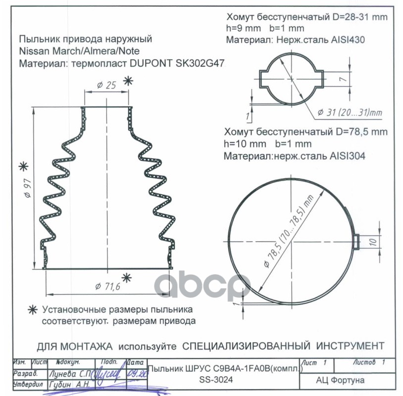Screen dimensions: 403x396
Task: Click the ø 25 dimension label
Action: click(x=106, y=85)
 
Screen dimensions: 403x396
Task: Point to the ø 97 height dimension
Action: click(x=28, y=189)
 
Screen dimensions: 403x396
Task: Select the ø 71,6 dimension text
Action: click(x=107, y=286)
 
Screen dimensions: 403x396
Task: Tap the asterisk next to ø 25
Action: click(x=128, y=81)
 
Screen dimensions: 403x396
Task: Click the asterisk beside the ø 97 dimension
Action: click(x=24, y=167)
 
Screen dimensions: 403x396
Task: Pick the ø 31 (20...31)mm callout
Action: click(x=350, y=112)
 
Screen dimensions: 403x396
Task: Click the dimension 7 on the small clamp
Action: click(x=343, y=79)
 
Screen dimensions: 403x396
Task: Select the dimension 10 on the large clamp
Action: click(x=373, y=242)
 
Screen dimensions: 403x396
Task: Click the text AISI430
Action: click(x=348, y=40)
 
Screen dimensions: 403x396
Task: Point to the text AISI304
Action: click(x=347, y=156)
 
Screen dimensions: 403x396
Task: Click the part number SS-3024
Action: click(x=216, y=379)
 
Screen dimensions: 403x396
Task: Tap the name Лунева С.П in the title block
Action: click(x=70, y=374)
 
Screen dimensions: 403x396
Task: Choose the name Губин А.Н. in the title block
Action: click(x=69, y=385)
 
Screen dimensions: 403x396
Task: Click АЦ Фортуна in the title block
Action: click(x=340, y=380)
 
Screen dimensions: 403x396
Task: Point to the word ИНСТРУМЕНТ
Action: click(x=350, y=346)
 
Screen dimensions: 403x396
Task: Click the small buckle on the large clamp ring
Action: click(x=356, y=242)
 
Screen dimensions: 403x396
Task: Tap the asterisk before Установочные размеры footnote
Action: click(x=33, y=310)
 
